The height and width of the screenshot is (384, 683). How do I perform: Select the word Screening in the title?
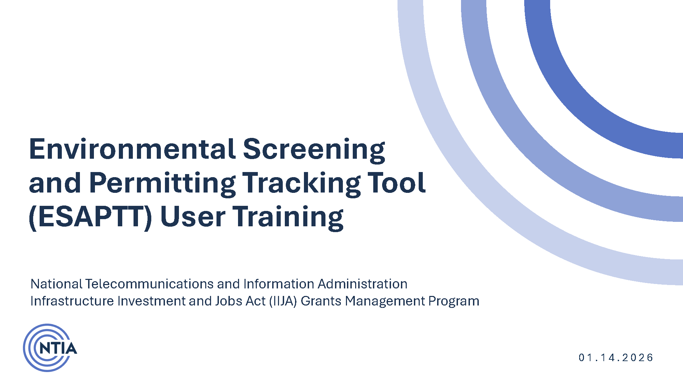click(x=314, y=149)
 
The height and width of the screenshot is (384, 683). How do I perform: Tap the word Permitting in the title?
click(x=162, y=183)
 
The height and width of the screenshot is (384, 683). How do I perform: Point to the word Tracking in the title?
click(x=301, y=183)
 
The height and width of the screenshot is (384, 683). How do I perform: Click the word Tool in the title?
click(x=396, y=183)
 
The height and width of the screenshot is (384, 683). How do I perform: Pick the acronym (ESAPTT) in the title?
click(x=90, y=217)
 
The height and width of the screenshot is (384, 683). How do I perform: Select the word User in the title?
click(x=193, y=217)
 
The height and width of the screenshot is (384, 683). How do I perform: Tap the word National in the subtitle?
click(x=56, y=284)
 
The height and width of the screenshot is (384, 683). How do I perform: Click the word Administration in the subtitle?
click(x=362, y=284)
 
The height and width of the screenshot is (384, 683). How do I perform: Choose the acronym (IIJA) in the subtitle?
click(x=283, y=301)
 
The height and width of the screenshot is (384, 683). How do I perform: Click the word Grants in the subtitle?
click(x=321, y=301)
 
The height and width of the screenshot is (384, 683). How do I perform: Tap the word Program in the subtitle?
click(x=454, y=301)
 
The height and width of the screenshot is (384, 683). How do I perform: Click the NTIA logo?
click(x=50, y=348)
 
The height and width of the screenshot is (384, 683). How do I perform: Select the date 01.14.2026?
click(x=616, y=357)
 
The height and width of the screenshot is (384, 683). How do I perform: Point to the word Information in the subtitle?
click(x=279, y=284)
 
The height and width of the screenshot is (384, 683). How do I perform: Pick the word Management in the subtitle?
click(x=385, y=301)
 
